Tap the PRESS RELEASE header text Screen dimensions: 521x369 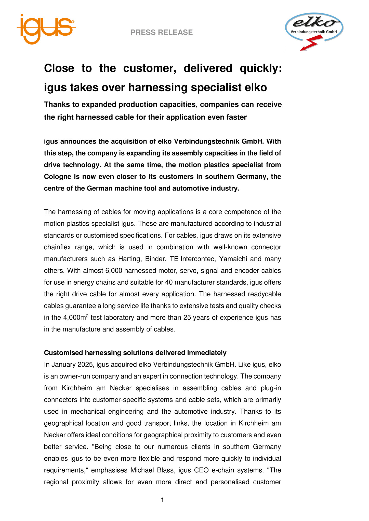click(x=162, y=32)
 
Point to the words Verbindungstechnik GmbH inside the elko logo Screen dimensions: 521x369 click(x=314, y=32)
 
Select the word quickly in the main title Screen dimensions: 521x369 click(x=261, y=68)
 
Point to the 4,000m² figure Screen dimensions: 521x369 click(x=75, y=317)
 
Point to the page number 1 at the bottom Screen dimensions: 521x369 click(x=163, y=500)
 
